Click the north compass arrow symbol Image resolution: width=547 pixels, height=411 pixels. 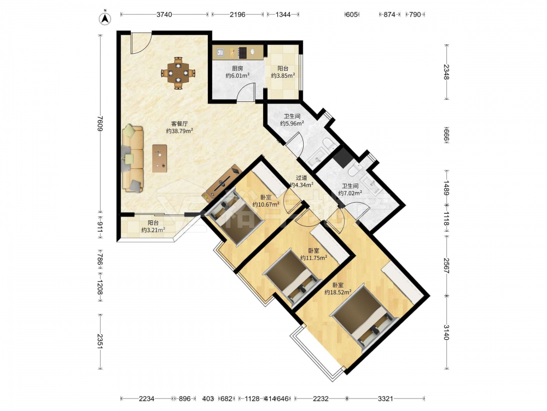tap(104, 19)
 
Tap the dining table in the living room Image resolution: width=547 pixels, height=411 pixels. tap(178, 73)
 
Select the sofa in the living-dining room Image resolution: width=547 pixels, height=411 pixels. tap(132, 158)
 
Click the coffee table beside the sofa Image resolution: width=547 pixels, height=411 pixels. tap(159, 158)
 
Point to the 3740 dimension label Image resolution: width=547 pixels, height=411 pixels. tap(164, 14)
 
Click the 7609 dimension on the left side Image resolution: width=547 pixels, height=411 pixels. tap(101, 123)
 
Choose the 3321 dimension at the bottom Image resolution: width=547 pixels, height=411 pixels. tap(386, 398)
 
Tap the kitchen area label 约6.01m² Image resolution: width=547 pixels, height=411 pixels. tap(237, 76)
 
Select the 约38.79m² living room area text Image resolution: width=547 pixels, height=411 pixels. tap(179, 131)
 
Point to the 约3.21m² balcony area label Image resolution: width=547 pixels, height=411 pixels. tap(153, 230)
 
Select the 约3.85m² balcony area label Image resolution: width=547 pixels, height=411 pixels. tap(283, 76)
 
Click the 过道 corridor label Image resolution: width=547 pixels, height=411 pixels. tap(301, 178)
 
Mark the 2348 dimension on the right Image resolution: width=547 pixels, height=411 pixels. tap(446, 72)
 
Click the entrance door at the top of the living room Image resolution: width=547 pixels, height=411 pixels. tap(141, 43)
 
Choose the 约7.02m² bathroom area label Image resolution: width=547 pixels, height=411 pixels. tap(350, 193)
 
